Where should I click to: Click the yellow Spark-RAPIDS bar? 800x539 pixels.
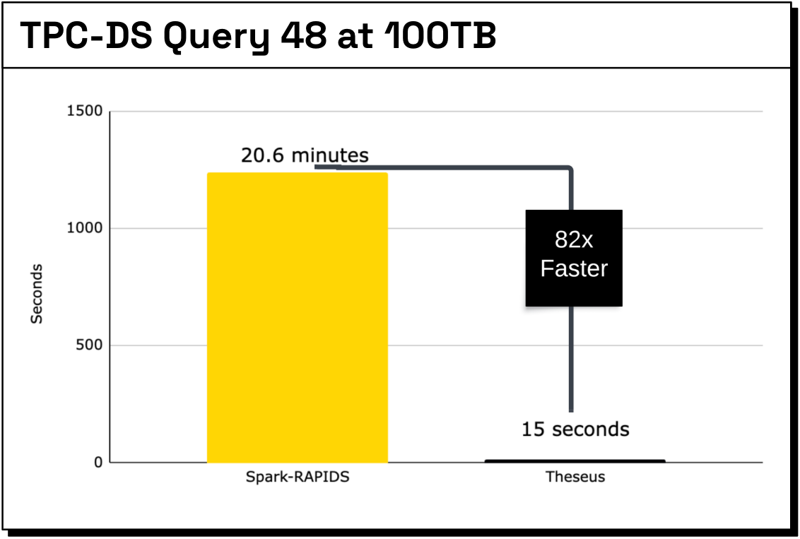coord(298,318)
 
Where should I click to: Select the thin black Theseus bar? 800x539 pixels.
coord(575,461)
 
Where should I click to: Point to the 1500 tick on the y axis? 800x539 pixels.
coord(85,111)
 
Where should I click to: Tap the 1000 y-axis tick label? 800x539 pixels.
coord(85,228)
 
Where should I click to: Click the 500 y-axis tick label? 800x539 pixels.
coord(89,345)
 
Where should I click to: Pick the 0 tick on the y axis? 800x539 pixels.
coord(98,463)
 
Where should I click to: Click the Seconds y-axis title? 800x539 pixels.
coord(36,294)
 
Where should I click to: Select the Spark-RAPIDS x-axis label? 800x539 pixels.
coord(298,477)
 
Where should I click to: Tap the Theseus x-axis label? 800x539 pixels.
coord(575,477)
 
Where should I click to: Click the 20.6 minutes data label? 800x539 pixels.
coord(305,155)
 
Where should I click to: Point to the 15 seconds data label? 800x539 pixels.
coord(575,430)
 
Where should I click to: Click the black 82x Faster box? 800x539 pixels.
coord(574,258)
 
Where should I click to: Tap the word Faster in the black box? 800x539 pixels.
coord(574,268)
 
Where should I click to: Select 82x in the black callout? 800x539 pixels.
coord(574,239)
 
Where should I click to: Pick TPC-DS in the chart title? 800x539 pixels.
coord(86,35)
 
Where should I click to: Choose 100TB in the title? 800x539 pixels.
coord(441,35)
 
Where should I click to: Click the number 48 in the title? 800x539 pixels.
coord(304,35)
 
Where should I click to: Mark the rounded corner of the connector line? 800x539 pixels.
coord(569,169)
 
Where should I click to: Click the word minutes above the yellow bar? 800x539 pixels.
coord(330,155)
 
